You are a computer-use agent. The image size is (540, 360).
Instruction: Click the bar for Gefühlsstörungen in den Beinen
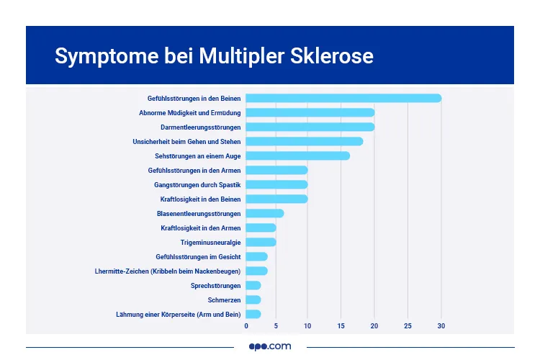pyautogui.click(x=343, y=98)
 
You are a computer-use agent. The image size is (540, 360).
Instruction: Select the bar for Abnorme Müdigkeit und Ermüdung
pyautogui.click(x=310, y=112)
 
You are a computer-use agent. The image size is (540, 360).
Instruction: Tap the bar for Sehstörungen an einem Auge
pyautogui.click(x=298, y=156)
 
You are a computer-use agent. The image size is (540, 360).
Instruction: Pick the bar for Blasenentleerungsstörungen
pyautogui.click(x=265, y=213)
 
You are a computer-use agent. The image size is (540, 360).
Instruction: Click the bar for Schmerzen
pyautogui.click(x=253, y=300)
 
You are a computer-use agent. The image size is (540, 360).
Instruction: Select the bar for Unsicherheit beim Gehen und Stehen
pyautogui.click(x=305, y=141)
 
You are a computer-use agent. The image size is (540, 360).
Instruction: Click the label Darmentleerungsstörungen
pyautogui.click(x=200, y=127)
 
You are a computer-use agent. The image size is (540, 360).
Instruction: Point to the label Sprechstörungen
pyautogui.click(x=215, y=285)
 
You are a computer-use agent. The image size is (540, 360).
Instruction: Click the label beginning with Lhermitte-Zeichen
pyautogui.click(x=168, y=271)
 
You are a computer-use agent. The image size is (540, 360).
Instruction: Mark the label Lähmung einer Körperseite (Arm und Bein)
pyautogui.click(x=178, y=314)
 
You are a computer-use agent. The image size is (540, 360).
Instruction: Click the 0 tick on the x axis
pyautogui.click(x=246, y=326)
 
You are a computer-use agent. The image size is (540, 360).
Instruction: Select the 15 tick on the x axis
pyautogui.click(x=341, y=326)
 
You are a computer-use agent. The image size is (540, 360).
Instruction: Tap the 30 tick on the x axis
pyautogui.click(x=441, y=326)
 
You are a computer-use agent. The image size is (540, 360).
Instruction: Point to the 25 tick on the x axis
pyautogui.click(x=408, y=326)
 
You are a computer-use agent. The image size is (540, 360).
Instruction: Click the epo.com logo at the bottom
pyautogui.click(x=270, y=346)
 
